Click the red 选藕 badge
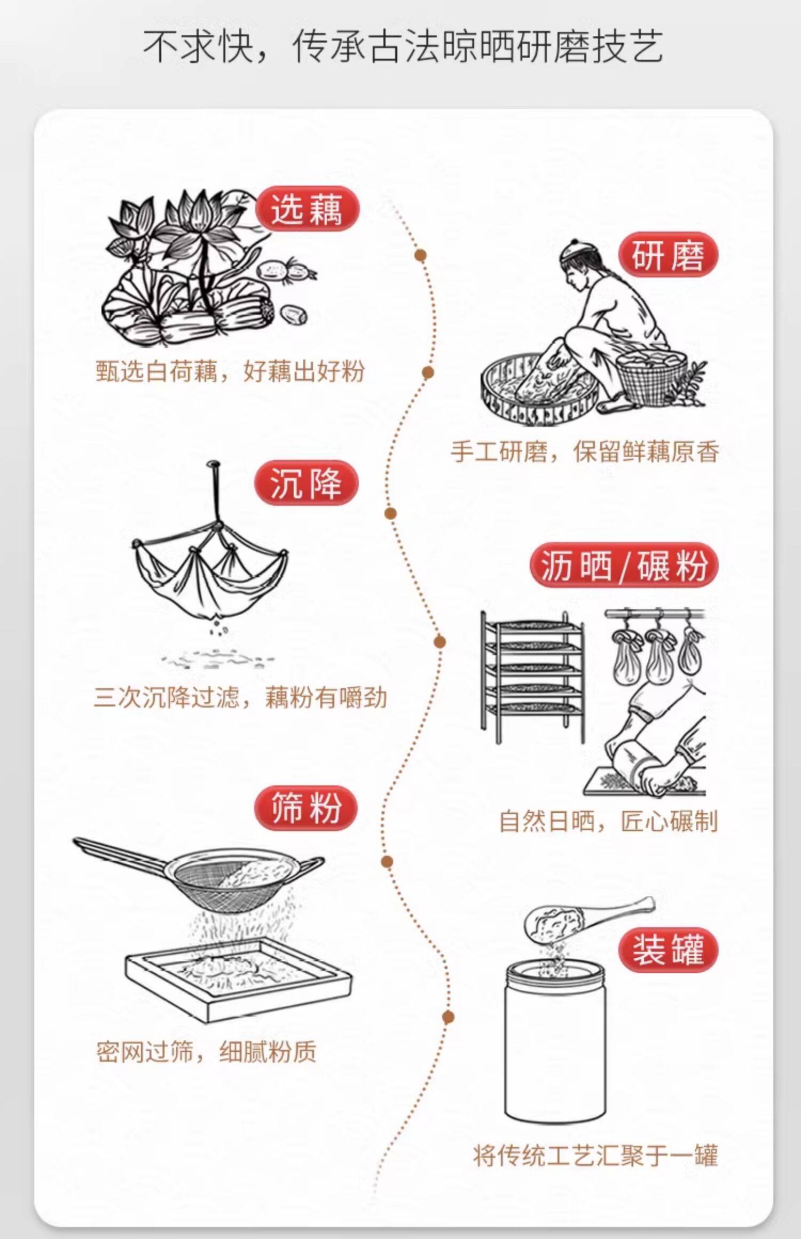[307, 209]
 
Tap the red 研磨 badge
[668, 255]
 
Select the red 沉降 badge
[306, 483]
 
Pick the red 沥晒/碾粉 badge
[623, 565]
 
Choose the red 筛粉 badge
[306, 808]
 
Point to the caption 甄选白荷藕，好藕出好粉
[230, 371]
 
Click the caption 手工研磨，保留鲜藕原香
[584, 451]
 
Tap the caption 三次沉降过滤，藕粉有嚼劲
[240, 697]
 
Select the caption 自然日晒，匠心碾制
[608, 821]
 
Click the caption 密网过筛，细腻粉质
[206, 1052]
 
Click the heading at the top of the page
[403, 47]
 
